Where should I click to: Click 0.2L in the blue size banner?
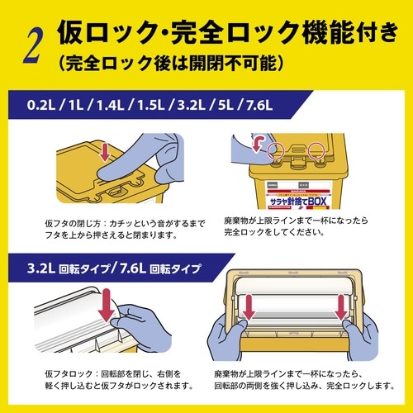41,107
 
